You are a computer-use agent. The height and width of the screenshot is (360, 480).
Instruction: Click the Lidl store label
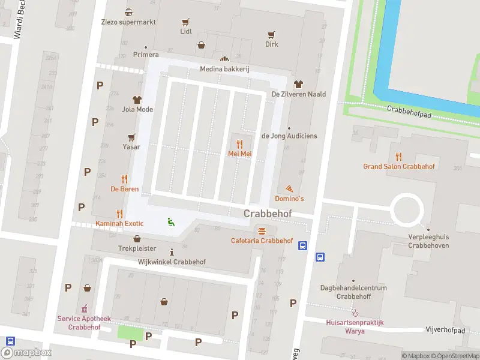(x=186, y=31)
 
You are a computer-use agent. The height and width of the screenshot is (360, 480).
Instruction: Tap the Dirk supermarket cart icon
(x=272, y=34)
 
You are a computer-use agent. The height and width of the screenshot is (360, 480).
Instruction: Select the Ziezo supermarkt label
(x=129, y=22)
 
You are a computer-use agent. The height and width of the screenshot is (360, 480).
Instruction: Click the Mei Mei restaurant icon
(x=239, y=144)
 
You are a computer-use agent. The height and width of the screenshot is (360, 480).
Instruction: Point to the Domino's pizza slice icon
(x=290, y=189)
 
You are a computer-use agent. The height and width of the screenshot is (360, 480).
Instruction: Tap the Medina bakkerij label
(x=224, y=69)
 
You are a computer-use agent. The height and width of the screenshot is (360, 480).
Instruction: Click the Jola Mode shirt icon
(x=137, y=100)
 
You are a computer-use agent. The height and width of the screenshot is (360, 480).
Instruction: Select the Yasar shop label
(x=131, y=147)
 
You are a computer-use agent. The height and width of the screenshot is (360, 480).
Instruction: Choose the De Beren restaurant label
(x=125, y=189)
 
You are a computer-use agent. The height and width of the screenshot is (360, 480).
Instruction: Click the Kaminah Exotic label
(x=120, y=224)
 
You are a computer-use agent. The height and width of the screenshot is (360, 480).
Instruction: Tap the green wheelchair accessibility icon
(x=171, y=221)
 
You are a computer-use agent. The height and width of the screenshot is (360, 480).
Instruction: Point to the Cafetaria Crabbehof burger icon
(x=261, y=231)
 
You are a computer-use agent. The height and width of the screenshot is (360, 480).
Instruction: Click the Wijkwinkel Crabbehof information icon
(x=172, y=252)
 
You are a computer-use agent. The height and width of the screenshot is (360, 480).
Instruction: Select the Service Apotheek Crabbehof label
(x=83, y=323)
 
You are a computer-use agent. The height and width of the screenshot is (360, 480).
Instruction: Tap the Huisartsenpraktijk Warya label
(x=355, y=326)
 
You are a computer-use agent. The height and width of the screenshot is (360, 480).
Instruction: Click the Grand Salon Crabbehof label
(x=399, y=166)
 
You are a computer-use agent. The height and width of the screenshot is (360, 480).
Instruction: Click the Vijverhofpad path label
(x=445, y=330)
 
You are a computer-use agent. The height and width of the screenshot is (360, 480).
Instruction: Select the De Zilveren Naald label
(x=299, y=94)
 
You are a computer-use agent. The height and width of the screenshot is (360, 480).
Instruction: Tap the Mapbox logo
(x=26, y=353)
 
